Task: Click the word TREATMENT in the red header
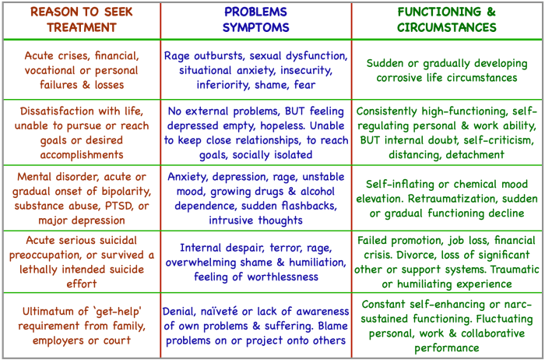81,26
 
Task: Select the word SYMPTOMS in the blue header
256,26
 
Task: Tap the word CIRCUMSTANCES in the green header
446,26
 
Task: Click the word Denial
182,311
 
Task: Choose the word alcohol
319,191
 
